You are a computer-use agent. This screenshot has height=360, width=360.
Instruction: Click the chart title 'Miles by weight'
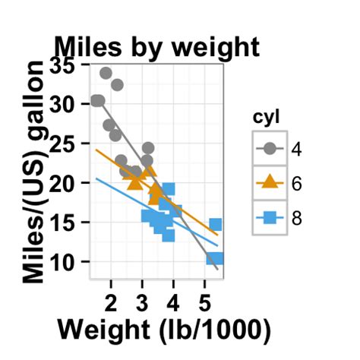156,47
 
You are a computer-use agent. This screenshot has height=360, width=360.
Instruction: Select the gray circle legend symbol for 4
270,148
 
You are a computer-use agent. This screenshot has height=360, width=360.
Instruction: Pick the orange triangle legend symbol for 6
270,182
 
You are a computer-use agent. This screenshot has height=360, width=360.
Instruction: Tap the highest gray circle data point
106,74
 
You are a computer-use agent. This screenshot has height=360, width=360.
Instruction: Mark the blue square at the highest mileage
169,189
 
